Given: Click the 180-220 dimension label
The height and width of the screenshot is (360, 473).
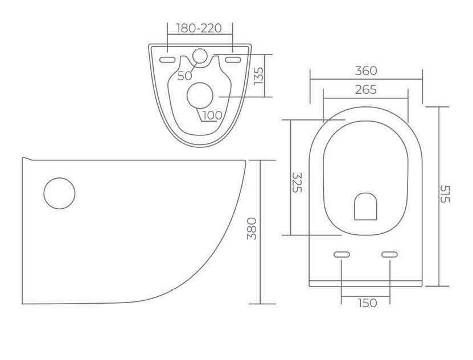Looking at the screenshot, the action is [x=199, y=28].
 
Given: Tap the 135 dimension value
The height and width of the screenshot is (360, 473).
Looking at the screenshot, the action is [x=258, y=76].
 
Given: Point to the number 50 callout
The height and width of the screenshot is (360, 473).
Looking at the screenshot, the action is [x=184, y=76].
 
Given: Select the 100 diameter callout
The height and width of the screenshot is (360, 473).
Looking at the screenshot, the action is [x=212, y=115].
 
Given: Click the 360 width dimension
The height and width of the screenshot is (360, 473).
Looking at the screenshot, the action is [x=366, y=71].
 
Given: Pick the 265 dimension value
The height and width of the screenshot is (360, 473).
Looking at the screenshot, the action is [x=366, y=89].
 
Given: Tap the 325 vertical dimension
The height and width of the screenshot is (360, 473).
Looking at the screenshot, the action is [x=297, y=183].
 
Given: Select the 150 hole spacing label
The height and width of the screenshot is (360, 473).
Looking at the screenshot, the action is [x=368, y=303].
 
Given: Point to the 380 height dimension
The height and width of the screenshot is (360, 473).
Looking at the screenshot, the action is [x=252, y=229].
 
